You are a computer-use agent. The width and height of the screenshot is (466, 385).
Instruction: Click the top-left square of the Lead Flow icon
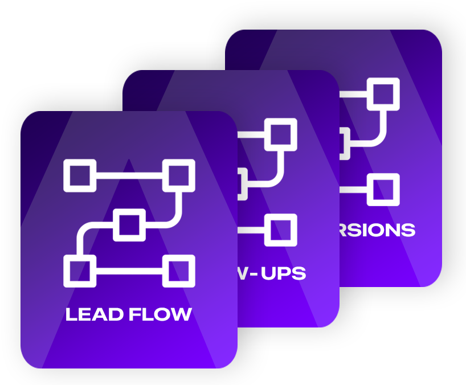click(x=80, y=175)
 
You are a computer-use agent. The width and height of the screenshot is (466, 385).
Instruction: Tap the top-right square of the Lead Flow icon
click(x=178, y=175)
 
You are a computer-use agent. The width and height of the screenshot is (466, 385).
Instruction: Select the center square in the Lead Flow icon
click(x=129, y=226)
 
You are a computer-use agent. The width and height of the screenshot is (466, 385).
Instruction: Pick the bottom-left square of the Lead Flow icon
click(x=80, y=271)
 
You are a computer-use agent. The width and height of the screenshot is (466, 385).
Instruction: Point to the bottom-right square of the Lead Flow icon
click(x=178, y=271)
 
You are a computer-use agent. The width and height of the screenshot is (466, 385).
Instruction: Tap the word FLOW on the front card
click(x=160, y=314)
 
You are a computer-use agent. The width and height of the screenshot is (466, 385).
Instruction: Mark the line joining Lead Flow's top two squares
click(x=129, y=175)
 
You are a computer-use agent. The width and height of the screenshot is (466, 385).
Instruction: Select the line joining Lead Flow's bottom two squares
click(x=129, y=271)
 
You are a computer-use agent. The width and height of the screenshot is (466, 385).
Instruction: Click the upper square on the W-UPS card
click(x=280, y=135)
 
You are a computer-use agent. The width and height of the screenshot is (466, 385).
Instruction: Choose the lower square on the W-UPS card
click(x=280, y=230)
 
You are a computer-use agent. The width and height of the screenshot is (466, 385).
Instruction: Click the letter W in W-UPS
click(x=243, y=274)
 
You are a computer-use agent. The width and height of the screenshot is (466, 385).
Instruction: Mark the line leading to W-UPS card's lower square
click(x=251, y=230)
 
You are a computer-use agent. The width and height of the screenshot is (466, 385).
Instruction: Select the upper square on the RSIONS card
click(x=382, y=94)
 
